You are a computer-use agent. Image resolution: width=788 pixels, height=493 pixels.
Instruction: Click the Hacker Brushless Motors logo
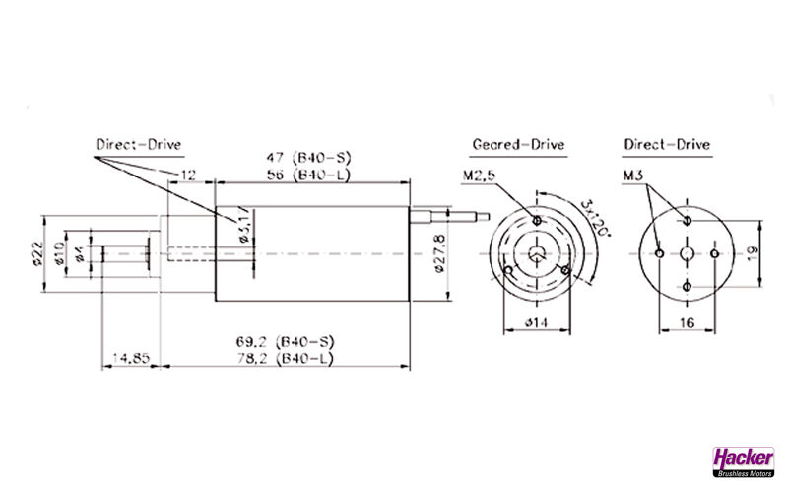[x=744, y=460]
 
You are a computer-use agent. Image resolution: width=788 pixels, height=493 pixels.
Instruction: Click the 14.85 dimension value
[x=129, y=359]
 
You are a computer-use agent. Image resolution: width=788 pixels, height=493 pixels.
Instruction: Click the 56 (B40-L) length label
[x=310, y=175]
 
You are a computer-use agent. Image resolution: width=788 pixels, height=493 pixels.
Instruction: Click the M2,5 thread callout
[x=478, y=176]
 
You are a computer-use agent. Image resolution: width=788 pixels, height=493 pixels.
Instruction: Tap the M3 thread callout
[x=634, y=176]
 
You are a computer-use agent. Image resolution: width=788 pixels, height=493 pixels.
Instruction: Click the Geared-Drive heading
[x=518, y=145]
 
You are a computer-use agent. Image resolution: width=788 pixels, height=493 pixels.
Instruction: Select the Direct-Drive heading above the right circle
[x=667, y=145]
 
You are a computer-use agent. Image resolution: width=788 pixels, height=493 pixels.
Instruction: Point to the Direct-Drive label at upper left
[x=138, y=145]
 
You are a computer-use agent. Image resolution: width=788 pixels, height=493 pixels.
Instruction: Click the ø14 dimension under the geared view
[x=536, y=322]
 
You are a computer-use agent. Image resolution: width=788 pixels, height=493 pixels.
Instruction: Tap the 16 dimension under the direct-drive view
[x=687, y=322]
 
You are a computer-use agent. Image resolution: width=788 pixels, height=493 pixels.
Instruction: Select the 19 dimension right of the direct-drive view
[x=752, y=252]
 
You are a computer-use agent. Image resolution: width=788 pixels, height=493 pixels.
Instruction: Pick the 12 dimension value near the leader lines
[x=187, y=175]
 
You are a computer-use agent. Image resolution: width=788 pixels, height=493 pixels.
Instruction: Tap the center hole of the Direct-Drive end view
[x=687, y=253]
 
